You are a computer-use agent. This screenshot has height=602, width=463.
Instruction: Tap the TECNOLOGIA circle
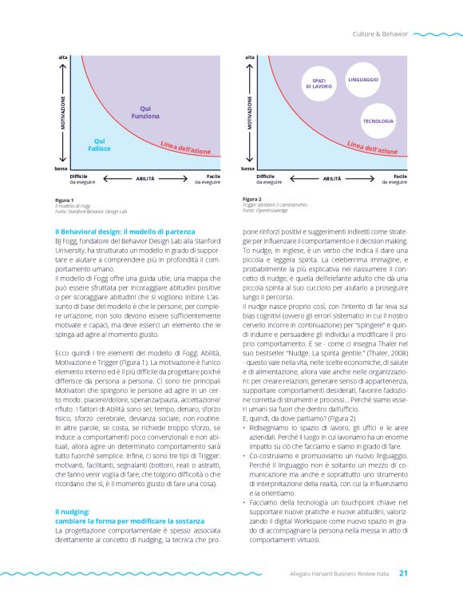click(x=378, y=121)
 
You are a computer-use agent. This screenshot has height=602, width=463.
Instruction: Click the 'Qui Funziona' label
click(x=145, y=113)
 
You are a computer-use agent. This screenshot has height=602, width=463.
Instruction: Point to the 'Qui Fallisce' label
click(x=99, y=145)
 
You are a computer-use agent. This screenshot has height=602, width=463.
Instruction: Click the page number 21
click(x=404, y=572)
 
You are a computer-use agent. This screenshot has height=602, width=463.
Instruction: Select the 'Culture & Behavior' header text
click(x=380, y=34)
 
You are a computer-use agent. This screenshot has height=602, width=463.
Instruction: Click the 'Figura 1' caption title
click(x=65, y=200)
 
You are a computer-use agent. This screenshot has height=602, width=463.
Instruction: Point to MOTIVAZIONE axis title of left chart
click(x=62, y=113)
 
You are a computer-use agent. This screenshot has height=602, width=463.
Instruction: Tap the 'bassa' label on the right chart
click(x=247, y=169)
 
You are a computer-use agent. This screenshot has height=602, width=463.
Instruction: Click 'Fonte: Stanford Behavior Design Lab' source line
click(x=87, y=210)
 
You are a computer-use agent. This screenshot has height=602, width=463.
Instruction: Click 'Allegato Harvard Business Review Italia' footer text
click(x=339, y=572)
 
